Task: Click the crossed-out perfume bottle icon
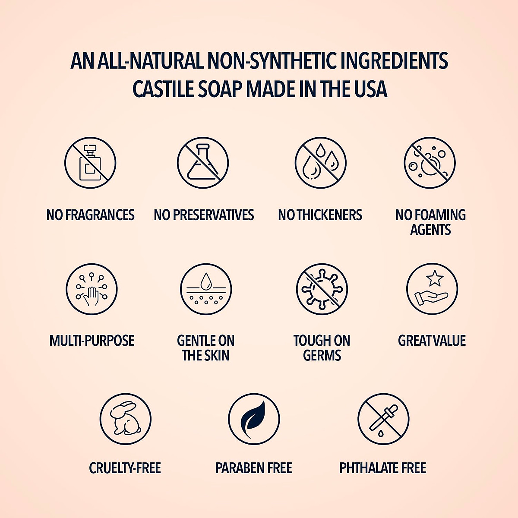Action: coord(90,163)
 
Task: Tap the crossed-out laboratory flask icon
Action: coord(202,163)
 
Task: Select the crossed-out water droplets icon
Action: coord(320,163)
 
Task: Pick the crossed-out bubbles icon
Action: coord(430,163)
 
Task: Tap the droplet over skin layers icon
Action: coord(206,289)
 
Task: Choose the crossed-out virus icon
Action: coord(322,289)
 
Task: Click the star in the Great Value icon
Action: coord(434,278)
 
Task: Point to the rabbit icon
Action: coord(125,418)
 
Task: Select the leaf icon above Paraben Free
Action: coord(254,418)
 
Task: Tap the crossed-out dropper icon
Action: coord(383,418)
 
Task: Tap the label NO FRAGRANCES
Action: coord(91,215)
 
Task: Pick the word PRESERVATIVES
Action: coord(213,215)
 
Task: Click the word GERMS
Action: coord(322,355)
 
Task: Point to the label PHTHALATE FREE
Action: coord(382,468)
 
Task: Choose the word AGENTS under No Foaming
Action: coord(430,230)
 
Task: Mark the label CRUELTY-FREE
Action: coord(125,468)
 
